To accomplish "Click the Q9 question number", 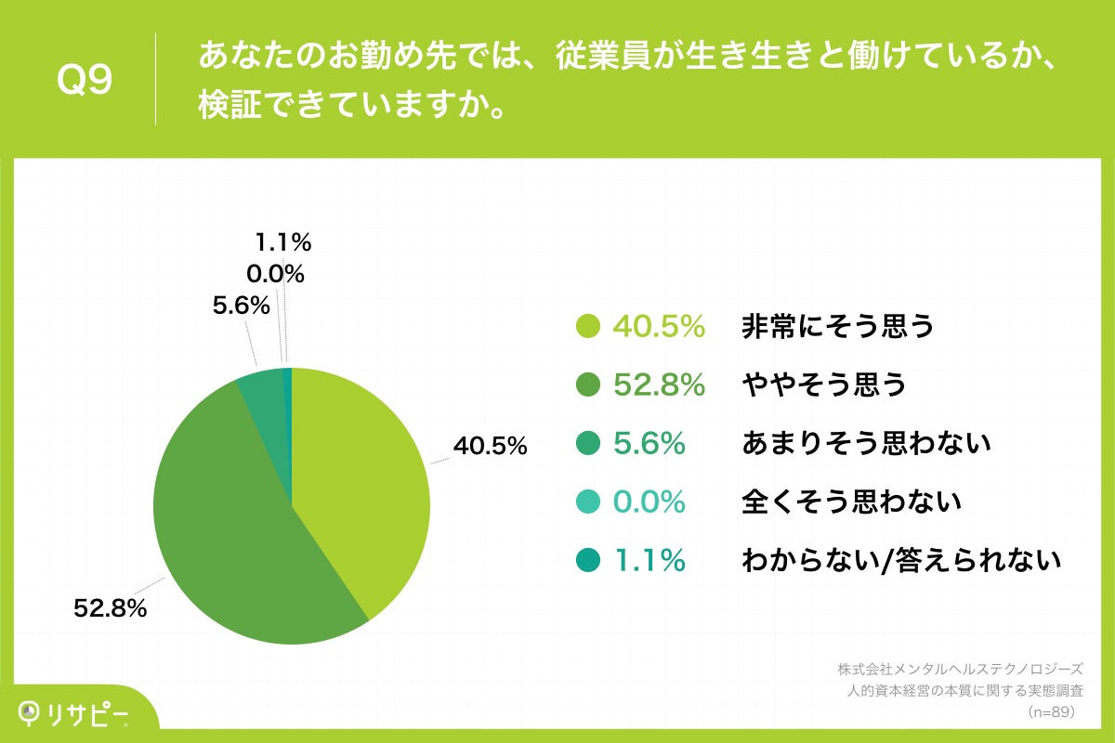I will pos(85,81).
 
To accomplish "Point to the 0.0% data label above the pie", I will pos(275,274).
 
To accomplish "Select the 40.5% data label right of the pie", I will pos(490,447).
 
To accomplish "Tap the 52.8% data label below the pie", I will pos(111,609).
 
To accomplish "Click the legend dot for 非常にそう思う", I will pos(587,327).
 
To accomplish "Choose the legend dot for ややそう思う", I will pos(587,385).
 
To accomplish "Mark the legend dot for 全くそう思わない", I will pos(587,502).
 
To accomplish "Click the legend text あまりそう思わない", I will pos(867,444).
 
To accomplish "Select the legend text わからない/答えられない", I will pos(901,561).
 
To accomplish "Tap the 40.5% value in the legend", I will pos(659,327).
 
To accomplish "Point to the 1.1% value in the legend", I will pos(649,561).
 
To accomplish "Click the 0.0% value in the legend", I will pos(649,502).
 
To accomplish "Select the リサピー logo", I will pos(74,712).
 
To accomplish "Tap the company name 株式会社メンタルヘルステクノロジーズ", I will pos(960,669).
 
